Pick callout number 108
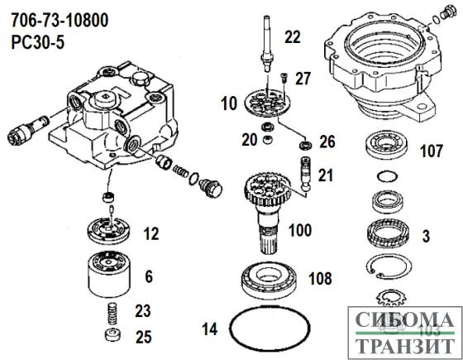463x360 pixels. coord(323,277)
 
